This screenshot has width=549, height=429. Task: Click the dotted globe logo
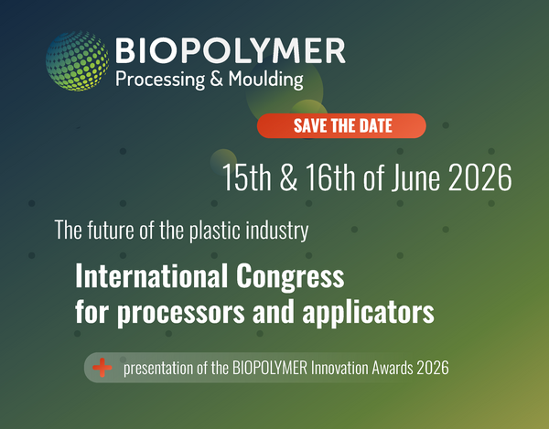[77, 61]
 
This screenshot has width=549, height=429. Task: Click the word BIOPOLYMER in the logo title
[231, 50]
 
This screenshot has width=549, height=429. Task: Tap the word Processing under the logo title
[160, 80]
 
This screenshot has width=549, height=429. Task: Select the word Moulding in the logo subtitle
[265, 79]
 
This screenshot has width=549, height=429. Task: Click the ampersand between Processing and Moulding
[216, 79]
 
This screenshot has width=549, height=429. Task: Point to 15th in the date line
[247, 177]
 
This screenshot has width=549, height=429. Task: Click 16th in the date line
[331, 177]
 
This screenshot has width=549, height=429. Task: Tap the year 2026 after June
[480, 177]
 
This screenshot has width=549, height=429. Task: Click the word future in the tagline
[111, 231]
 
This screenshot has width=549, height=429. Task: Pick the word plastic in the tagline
[215, 231]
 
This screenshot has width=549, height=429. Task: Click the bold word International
[152, 276]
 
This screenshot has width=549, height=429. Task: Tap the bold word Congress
[290, 278]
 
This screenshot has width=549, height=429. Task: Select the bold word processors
[180, 313]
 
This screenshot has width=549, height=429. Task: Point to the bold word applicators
[368, 312]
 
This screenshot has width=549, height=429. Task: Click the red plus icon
[102, 368]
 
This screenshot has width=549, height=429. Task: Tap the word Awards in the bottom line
[393, 368]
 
